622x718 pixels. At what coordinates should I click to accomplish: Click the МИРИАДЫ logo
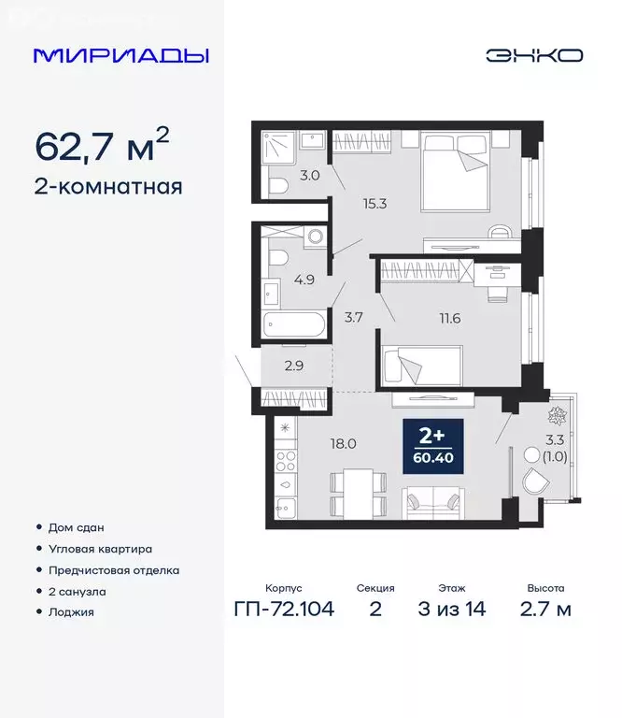(x=121, y=55)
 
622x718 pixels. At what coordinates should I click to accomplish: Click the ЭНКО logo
(x=533, y=55)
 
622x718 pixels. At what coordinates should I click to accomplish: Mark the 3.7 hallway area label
(x=353, y=318)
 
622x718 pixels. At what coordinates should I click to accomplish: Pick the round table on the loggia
(x=533, y=456)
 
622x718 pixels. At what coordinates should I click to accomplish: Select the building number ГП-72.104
(x=283, y=610)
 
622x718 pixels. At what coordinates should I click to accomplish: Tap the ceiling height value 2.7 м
(x=545, y=610)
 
